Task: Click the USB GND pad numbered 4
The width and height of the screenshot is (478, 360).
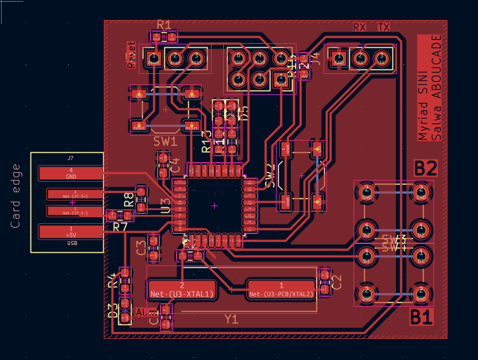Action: pyautogui.click(x=71, y=173)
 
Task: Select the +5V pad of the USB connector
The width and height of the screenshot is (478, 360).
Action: pyautogui.click(x=71, y=231)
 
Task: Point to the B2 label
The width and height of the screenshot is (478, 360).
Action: pyautogui.click(x=426, y=168)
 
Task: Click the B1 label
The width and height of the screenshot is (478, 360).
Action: pyautogui.click(x=421, y=318)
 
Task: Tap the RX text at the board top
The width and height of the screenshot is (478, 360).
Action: pyautogui.click(x=360, y=27)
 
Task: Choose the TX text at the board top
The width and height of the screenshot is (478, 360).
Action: pyautogui.click(x=384, y=27)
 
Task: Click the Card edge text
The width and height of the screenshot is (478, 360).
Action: pyautogui.click(x=16, y=196)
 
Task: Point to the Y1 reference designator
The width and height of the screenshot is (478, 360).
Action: pyautogui.click(x=231, y=319)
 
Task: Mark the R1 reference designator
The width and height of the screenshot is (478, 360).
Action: pyautogui.click(x=164, y=24)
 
